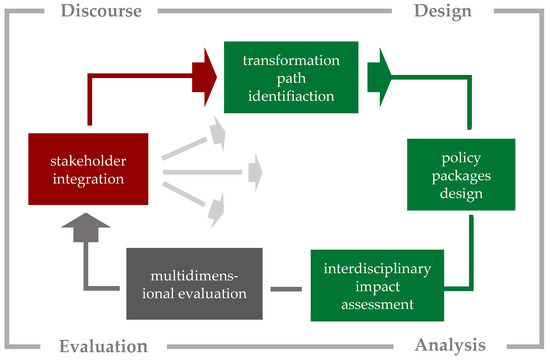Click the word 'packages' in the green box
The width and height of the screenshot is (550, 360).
[461, 177]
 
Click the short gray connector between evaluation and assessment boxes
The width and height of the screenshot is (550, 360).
[287, 290]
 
